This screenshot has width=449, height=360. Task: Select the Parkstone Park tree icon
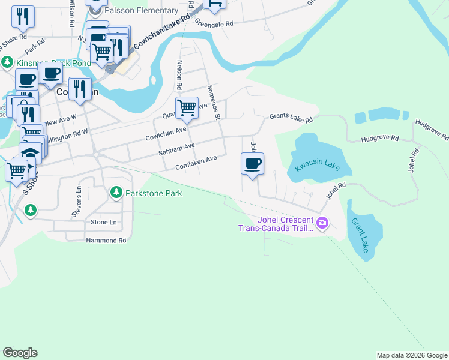pyautogui.click(x=116, y=193)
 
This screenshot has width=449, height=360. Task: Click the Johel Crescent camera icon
pyautogui.click(x=323, y=223)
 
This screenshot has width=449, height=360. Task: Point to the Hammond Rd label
pyautogui.click(x=106, y=240)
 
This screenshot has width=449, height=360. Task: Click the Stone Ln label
pyautogui.click(x=104, y=222)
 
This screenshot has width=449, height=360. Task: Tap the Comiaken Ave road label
pyautogui.click(x=196, y=163)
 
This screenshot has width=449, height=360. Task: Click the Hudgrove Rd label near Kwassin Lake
pyautogui.click(x=380, y=139)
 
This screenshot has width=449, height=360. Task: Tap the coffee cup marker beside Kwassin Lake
pyautogui.click(x=252, y=164)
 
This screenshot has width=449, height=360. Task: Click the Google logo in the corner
pyautogui.click(x=20, y=353)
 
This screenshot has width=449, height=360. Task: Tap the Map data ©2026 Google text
pyautogui.click(x=411, y=355)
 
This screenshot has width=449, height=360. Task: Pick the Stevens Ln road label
pyautogui.click(x=76, y=203)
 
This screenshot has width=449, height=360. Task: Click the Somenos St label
pyautogui.click(x=214, y=101)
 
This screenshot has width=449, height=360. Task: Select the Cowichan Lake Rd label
pyautogui.click(x=162, y=34)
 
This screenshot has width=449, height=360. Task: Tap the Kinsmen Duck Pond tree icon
pyautogui.click(x=7, y=62)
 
